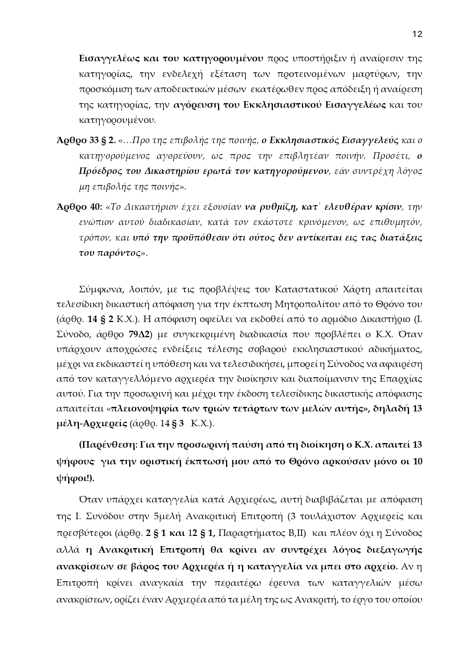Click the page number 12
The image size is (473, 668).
click(x=417, y=34)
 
